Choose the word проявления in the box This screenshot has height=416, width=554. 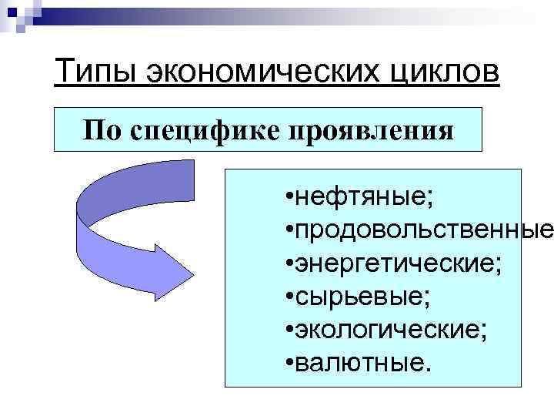372,129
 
